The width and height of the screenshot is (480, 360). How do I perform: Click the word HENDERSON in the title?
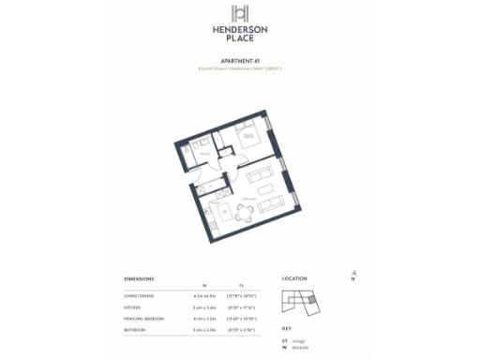pos(240,30)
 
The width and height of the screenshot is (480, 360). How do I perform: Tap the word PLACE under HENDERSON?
pos(240,39)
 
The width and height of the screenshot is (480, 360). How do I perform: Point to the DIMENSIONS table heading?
pos(140,279)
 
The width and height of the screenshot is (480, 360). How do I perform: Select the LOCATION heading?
pos(294,279)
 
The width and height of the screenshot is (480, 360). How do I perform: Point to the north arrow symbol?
pos(353,274)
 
